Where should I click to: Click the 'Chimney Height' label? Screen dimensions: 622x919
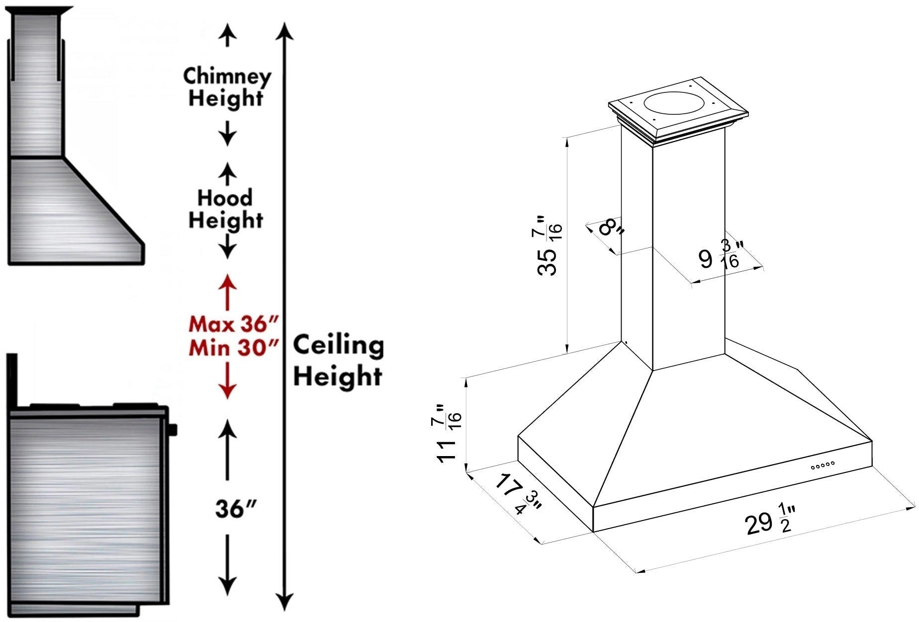[x=227, y=87]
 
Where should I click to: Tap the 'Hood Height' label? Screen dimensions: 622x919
[x=226, y=209]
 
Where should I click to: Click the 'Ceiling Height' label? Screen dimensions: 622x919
[x=338, y=360]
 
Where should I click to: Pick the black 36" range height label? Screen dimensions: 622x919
[x=236, y=508]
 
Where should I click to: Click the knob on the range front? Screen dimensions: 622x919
[x=173, y=430]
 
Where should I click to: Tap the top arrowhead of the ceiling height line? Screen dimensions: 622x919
[x=284, y=31]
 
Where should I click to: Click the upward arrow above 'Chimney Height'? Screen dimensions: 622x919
[x=228, y=35]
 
